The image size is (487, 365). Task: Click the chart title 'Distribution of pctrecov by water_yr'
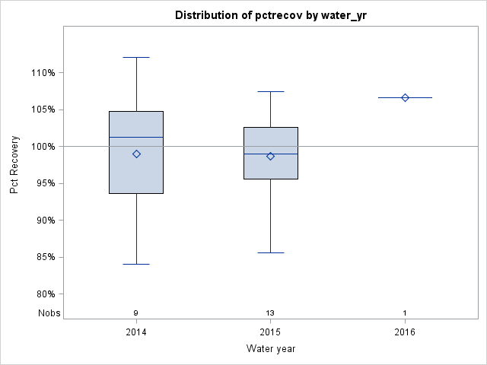coord(270,15)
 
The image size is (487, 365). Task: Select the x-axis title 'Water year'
coord(270,348)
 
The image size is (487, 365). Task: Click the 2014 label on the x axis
coord(136,332)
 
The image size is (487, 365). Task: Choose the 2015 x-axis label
coord(270,332)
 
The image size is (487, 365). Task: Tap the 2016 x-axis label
coord(405,332)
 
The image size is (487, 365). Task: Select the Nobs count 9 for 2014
coord(136,313)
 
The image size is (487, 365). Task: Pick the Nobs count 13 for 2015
coord(270,313)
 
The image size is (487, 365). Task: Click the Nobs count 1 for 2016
coord(405,313)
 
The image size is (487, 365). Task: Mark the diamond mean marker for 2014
coord(136,154)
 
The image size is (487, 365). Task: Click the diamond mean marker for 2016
coord(405,97)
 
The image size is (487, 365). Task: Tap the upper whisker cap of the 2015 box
coord(270,91)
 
